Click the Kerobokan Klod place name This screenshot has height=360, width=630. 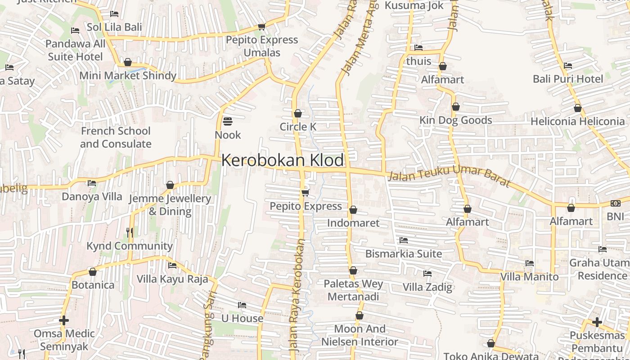click(x=283, y=161)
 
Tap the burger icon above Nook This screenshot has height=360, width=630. click(x=228, y=121)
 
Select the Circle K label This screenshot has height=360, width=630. click(x=298, y=127)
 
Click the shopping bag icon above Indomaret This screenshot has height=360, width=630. click(x=353, y=210)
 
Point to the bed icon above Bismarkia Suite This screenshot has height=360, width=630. click(x=404, y=240)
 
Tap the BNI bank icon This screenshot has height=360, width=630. click(x=615, y=203)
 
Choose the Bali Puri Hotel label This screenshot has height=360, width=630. click(x=568, y=79)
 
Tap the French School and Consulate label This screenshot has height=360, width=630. click(x=116, y=137)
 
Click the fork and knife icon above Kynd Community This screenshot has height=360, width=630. click(x=130, y=232)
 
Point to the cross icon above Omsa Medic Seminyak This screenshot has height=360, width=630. click(x=64, y=320)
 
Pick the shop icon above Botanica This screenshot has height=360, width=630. click(x=93, y=272)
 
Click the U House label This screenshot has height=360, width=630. click(x=242, y=319)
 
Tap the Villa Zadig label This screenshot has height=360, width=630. click(x=427, y=287)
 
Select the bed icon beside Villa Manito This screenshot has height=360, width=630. click(x=530, y=263)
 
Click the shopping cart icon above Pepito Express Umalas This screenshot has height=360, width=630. click(x=262, y=27)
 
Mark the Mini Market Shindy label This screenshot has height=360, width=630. click(x=128, y=76)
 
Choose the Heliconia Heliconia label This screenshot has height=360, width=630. click(x=578, y=121)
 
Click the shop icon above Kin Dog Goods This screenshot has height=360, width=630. click(x=456, y=107)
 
